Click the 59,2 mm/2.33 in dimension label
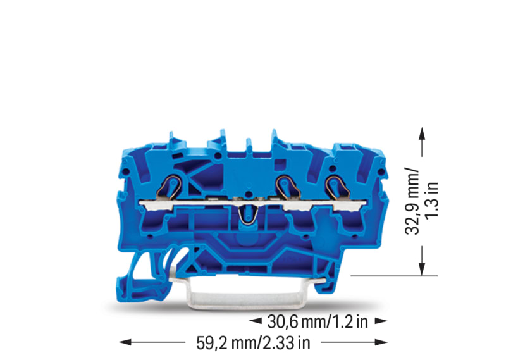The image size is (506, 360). tap(253, 343)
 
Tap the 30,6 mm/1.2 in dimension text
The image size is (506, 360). tap(318, 321)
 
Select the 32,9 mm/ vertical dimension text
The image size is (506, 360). tap(412, 201)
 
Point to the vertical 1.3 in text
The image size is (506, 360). tap(432, 199)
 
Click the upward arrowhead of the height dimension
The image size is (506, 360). tap(421, 133)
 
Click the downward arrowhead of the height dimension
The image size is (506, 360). tap(421, 270)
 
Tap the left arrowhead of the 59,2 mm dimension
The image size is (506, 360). tap(125, 342)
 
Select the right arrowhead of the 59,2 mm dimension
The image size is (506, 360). tap(381, 342)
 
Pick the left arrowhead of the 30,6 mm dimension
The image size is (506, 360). tap(256, 321)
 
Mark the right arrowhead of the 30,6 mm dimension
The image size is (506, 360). tap(381, 321)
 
